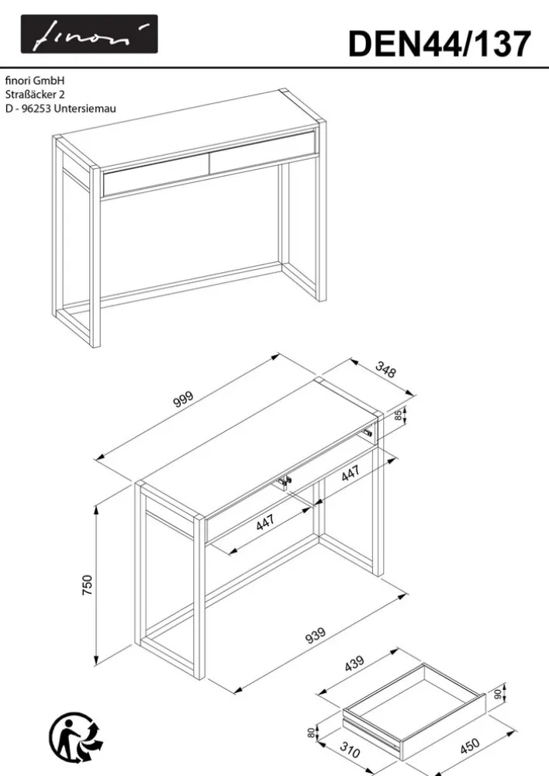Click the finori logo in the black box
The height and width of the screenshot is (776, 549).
pos(89,34)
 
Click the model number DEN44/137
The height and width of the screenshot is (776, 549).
pos(440,44)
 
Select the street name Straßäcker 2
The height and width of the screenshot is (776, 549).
pos(35,94)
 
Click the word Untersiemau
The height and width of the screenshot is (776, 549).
pos(85,109)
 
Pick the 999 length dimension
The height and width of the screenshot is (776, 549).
pos(183,399)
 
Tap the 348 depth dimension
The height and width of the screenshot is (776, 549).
pos(385,370)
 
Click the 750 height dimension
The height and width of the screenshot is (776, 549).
pos(87,585)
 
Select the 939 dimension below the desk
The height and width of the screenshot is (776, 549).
pos(316,636)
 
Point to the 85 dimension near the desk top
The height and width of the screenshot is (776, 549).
pos(399,416)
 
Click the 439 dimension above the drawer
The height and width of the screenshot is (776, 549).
pos(354,663)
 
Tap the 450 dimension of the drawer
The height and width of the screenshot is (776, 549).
pos(470,746)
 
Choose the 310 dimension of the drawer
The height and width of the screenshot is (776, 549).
pos(350,750)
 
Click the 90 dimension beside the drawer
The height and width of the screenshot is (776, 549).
pos(498,695)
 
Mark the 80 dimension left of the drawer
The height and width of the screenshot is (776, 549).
pos(311,733)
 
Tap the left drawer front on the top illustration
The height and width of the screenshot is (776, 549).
pos(156,174)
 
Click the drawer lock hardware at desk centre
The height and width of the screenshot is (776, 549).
pos(284,482)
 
